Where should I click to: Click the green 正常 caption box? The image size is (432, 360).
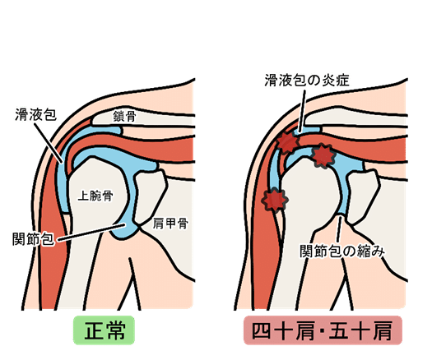pyautogui.click(x=104, y=330)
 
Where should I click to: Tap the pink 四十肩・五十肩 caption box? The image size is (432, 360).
pyautogui.click(x=323, y=330)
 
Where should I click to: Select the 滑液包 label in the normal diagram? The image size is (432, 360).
pyautogui.click(x=36, y=114)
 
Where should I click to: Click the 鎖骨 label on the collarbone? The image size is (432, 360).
pyautogui.click(x=124, y=116)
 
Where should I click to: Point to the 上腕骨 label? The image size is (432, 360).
pyautogui.click(x=95, y=196)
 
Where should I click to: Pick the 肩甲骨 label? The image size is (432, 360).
pyautogui.click(x=170, y=224)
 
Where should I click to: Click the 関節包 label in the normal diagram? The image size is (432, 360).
pyautogui.click(x=33, y=238)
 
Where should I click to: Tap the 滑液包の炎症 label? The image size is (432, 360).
pyautogui.click(x=307, y=81)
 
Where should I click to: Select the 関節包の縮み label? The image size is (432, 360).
pyautogui.click(x=342, y=251)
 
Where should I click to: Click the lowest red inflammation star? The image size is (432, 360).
pyautogui.click(x=275, y=200)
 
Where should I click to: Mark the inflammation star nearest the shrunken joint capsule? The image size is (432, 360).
pyautogui.click(x=323, y=156)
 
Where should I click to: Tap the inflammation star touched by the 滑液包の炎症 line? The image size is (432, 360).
pyautogui.click(x=288, y=142)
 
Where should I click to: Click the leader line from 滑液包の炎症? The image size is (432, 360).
pyautogui.click(x=302, y=111)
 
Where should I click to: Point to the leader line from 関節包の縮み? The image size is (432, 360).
pyautogui.click(x=340, y=230)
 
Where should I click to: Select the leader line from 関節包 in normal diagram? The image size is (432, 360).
pyautogui.click(x=91, y=233)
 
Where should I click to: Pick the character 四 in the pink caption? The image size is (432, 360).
pyautogui.click(x=261, y=331)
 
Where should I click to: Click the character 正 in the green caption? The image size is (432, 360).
pyautogui.click(x=93, y=331)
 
